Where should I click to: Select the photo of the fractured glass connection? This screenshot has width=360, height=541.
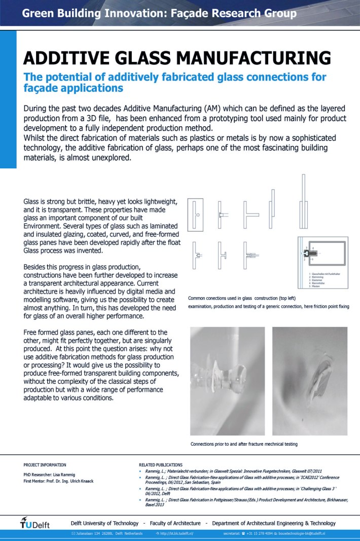(x=310, y=380)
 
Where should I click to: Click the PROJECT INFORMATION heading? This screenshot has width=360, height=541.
(x=45, y=464)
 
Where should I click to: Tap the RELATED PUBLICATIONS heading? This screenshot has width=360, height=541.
(x=161, y=464)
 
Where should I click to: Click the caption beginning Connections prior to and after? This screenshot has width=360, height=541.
(x=244, y=444)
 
